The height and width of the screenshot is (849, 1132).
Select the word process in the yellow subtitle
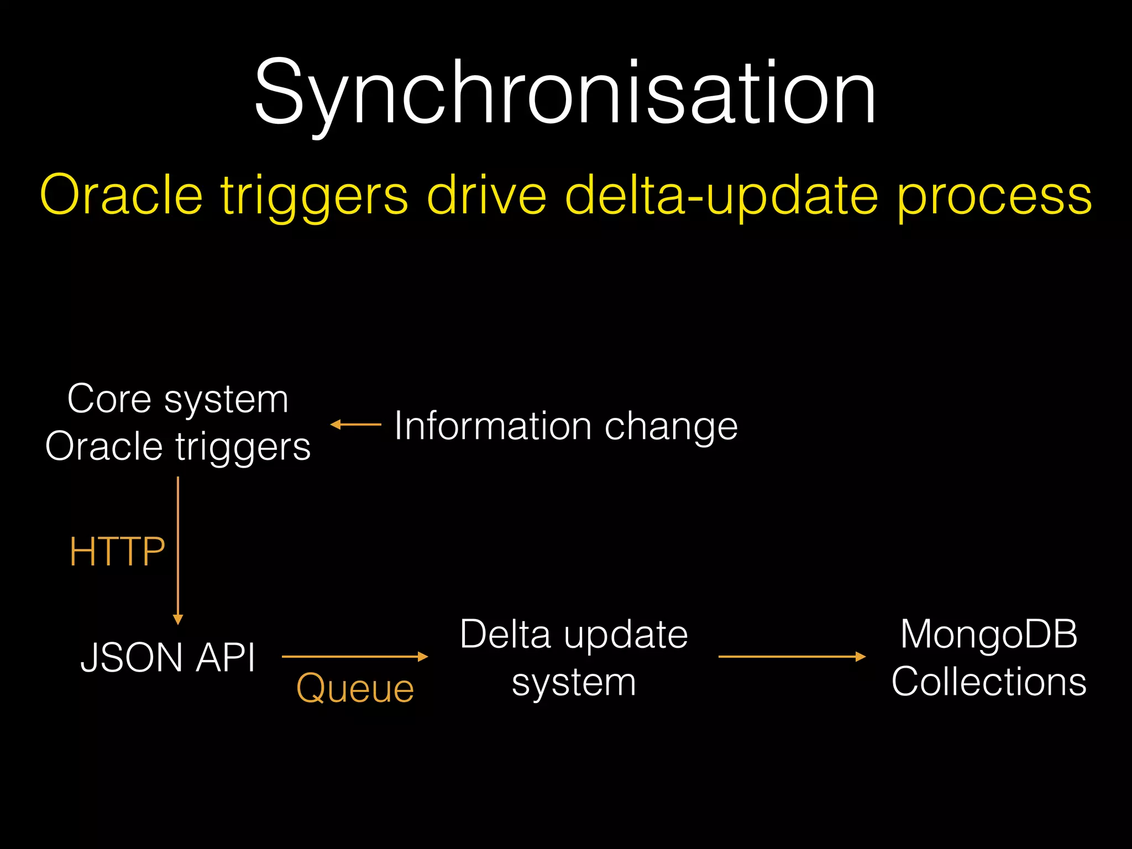994,197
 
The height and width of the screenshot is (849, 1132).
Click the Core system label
177,399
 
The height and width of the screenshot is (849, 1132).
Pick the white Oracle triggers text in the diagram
177,447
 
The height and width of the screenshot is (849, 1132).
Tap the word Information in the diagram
492,426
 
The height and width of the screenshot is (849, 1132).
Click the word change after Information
671,427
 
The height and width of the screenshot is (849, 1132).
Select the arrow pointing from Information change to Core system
355,424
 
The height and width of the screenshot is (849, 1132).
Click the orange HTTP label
117,552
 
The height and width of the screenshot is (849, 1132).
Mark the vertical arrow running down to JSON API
178,550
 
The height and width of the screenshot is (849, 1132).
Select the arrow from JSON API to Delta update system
355,657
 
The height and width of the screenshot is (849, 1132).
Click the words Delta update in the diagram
574,635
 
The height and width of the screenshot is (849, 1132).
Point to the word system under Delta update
574,683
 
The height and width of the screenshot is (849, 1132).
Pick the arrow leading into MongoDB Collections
792,657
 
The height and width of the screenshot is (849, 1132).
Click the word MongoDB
989,634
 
